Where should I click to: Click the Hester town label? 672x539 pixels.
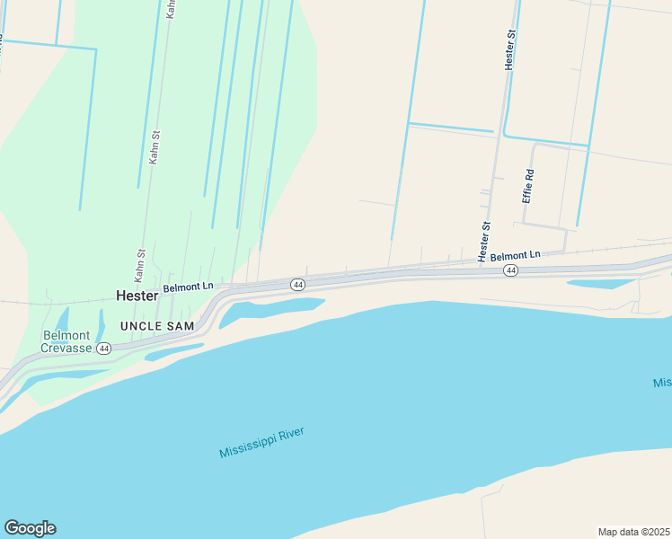point(137,295)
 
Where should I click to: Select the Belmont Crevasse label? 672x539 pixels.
point(67,342)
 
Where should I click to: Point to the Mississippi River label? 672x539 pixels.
point(261,443)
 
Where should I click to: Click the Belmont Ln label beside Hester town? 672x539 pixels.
point(189,287)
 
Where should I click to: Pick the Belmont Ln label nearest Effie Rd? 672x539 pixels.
point(516,255)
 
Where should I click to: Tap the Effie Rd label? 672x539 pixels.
point(530,185)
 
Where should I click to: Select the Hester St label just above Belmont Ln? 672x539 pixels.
point(484,242)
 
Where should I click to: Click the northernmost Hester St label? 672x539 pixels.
point(510,49)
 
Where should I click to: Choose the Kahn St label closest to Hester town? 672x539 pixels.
point(141,266)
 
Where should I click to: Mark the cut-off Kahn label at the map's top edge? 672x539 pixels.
point(171,9)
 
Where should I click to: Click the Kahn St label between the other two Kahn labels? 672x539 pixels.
point(155,147)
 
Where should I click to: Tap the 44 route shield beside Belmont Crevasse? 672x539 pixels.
point(105,349)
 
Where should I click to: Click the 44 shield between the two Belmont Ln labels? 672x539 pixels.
point(297,285)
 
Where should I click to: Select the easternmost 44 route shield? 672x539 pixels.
point(510,270)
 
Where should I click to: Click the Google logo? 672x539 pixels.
point(30,528)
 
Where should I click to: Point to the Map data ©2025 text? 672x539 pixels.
point(634,531)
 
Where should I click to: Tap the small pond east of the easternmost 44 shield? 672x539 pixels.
point(600,284)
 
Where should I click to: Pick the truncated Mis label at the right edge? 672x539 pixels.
point(662,384)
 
